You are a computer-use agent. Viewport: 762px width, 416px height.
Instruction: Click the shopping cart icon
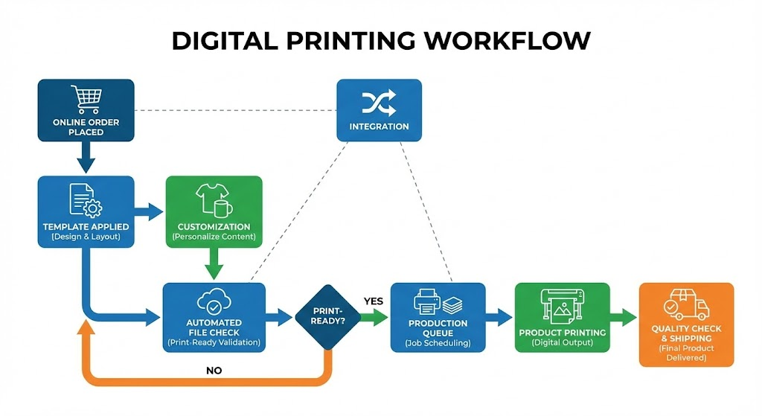(x=86, y=99)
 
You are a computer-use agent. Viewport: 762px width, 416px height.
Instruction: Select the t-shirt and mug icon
(x=214, y=200)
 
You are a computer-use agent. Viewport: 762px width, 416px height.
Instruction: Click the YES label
(x=373, y=301)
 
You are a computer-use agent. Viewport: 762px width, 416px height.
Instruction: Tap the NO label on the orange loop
(x=214, y=370)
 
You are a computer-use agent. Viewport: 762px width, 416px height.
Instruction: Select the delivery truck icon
(x=686, y=305)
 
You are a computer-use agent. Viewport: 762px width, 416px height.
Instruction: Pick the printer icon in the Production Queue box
(x=429, y=303)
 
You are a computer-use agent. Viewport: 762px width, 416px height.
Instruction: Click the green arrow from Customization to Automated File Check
(x=214, y=265)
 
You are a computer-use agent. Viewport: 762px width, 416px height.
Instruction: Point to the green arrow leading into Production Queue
(x=375, y=317)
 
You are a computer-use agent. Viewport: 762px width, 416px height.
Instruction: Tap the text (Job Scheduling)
(x=438, y=344)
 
